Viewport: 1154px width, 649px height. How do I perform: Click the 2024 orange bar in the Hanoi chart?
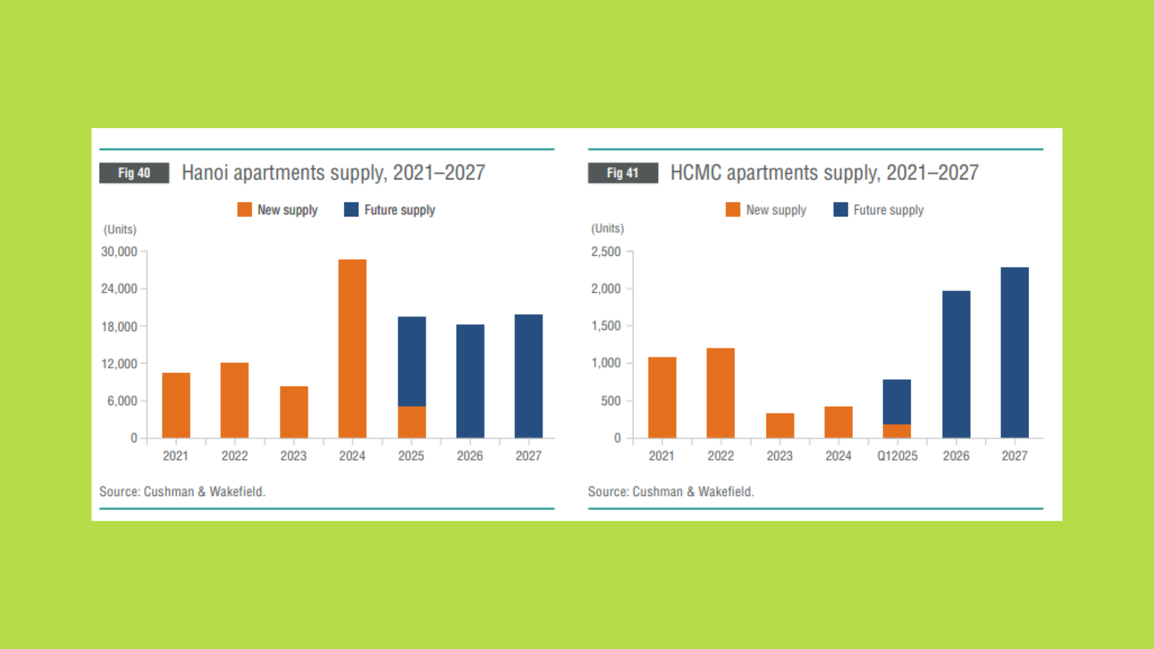[352, 349]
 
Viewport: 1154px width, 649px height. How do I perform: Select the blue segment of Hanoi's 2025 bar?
[412, 361]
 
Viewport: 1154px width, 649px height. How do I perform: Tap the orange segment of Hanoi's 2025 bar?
[412, 422]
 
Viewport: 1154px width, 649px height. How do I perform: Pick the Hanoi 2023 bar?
[294, 412]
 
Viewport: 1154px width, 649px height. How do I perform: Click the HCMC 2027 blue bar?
[1015, 353]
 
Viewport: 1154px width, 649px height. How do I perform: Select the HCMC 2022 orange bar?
[721, 393]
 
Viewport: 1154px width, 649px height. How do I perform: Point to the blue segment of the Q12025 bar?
[897, 402]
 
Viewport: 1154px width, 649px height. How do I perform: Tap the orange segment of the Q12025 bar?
[897, 431]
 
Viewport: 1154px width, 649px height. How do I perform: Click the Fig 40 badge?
[134, 173]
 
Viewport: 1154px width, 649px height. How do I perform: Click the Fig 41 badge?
[623, 173]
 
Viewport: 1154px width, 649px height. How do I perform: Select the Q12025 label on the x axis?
[897, 456]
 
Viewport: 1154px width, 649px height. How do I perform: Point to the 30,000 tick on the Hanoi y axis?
[119, 252]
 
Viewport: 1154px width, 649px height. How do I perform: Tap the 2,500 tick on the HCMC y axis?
[606, 252]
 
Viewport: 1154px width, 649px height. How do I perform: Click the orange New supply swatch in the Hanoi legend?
[245, 209]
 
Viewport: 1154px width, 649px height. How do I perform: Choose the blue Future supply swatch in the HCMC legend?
[841, 209]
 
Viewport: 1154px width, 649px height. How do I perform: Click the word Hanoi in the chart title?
[205, 173]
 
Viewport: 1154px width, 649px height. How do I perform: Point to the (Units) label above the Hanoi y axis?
[120, 230]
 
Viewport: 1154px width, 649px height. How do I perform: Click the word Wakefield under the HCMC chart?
[725, 492]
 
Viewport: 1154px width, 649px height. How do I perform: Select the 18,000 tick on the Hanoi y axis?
[119, 327]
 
